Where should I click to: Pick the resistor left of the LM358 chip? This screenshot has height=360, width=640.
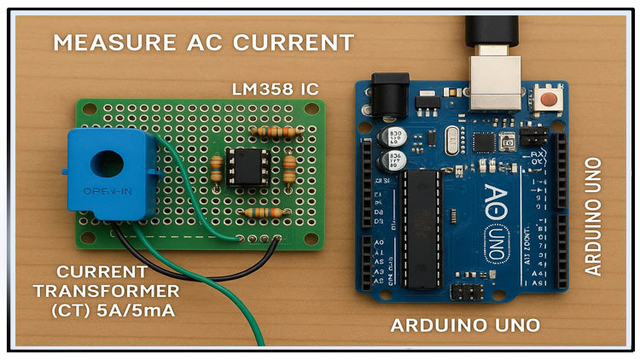219,169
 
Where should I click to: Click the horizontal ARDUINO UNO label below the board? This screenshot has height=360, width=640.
465,325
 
